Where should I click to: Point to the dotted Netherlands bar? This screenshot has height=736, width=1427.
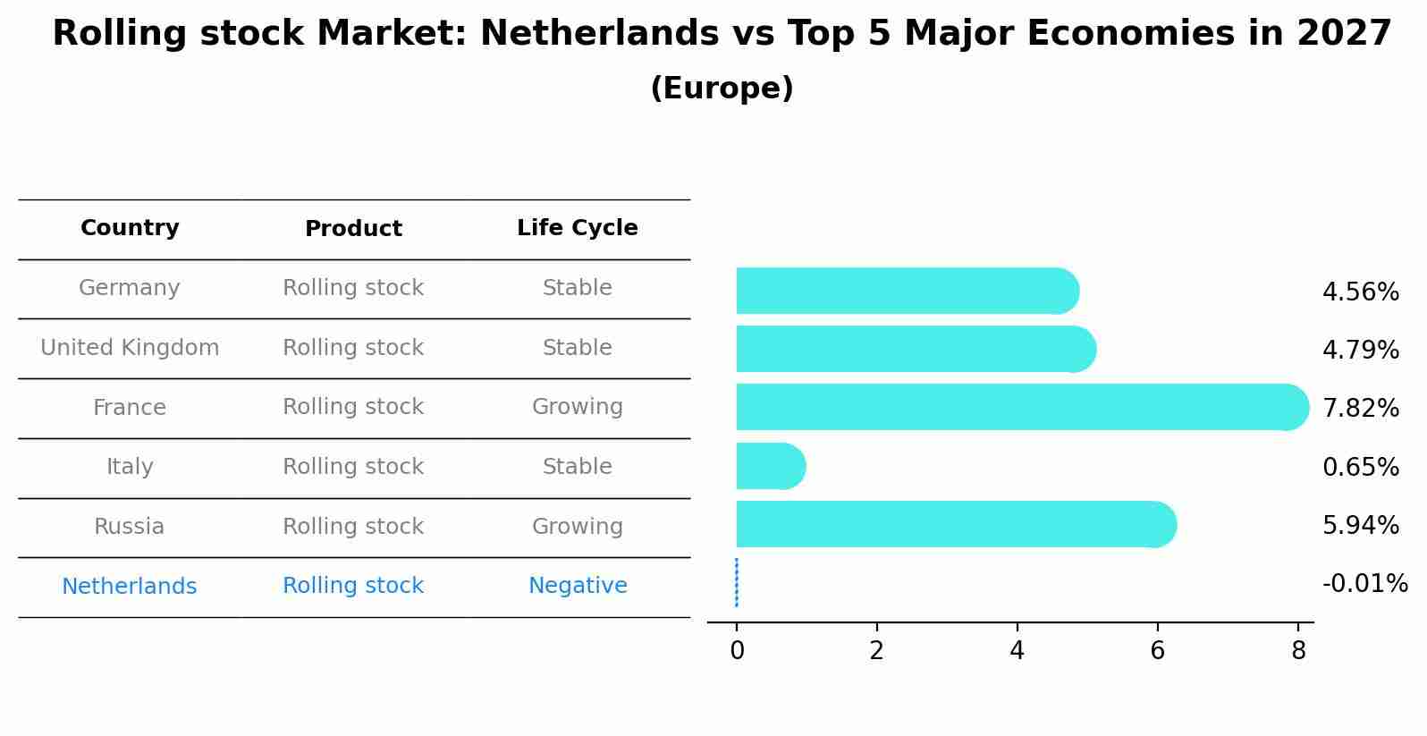pos(736,583)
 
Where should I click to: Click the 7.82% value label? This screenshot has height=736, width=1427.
pos(1360,409)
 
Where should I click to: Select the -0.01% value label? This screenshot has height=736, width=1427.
pos(1364,584)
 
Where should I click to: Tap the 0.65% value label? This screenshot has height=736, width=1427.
pos(1360,467)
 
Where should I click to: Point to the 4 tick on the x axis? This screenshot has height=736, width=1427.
pos(1017,651)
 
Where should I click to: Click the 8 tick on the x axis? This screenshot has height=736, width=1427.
pos(1298,651)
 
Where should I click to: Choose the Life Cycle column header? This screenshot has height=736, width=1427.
pos(577,228)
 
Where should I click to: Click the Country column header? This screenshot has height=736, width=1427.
pos(130,228)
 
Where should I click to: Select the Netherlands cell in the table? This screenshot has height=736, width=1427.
pos(129,587)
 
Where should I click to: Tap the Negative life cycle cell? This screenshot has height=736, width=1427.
pos(578,586)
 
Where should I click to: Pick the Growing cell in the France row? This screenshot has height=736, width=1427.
pos(578,407)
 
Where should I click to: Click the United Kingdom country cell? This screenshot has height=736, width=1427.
pos(130,348)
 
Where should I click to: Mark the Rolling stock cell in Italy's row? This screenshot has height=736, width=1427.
pos(353,467)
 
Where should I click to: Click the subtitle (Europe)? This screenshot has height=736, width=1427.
pos(722,89)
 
